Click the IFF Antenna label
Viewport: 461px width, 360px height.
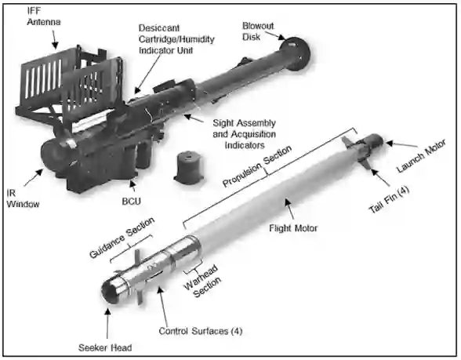click(44, 16)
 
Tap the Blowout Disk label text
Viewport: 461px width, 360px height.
click(258, 31)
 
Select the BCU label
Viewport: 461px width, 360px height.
click(132, 202)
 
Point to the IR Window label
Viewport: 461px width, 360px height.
click(23, 198)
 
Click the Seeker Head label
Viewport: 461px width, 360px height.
click(105, 347)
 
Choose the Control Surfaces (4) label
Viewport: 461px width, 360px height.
click(201, 331)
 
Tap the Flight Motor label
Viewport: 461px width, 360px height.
click(293, 228)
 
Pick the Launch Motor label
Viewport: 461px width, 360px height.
click(421, 155)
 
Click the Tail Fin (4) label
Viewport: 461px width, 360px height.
click(389, 200)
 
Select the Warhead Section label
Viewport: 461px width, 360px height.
click(202, 281)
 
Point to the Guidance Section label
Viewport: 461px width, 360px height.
click(122, 238)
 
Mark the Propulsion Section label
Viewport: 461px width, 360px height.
click(257, 166)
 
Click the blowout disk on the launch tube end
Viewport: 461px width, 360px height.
click(295, 53)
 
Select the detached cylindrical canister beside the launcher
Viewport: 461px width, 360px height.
click(189, 168)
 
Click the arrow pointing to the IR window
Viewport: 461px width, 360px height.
click(33, 177)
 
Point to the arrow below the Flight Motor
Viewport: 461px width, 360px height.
click(289, 209)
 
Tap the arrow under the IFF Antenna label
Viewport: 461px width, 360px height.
click(54, 39)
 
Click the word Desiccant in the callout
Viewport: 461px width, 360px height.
click(158, 28)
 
